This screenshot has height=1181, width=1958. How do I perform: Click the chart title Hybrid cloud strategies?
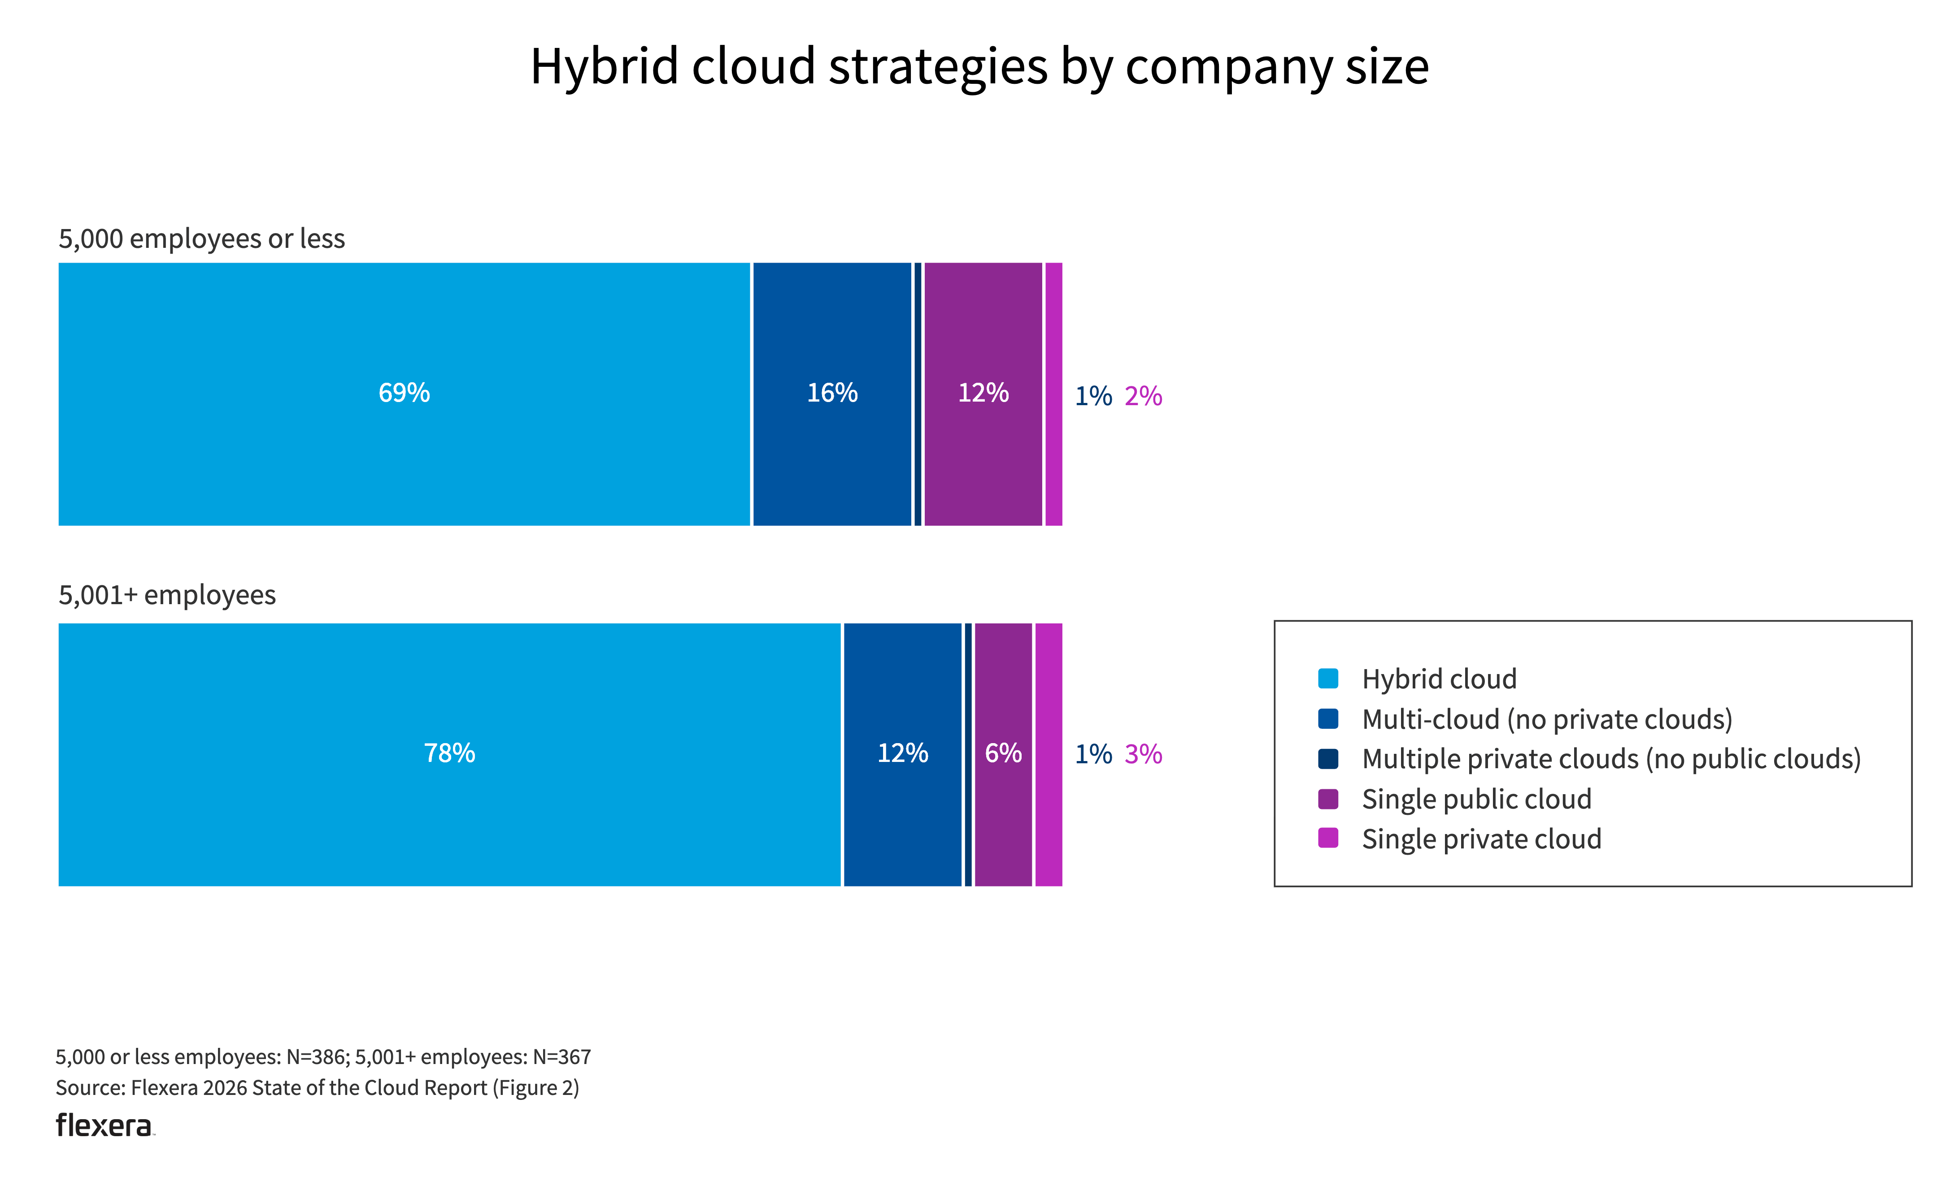tap(979, 67)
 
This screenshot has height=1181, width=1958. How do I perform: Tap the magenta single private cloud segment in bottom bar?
tap(1048, 754)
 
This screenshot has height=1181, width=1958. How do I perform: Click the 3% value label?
tap(1143, 754)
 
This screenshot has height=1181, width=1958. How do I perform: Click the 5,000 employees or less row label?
tap(202, 239)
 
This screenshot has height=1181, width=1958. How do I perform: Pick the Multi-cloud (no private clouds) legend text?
tap(1546, 719)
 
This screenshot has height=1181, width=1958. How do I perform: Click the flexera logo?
tap(104, 1125)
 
